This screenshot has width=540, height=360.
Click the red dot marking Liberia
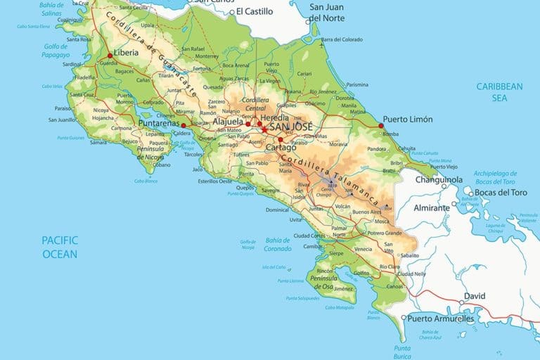pos(110,56)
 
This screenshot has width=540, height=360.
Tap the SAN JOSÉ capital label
pos(295,127)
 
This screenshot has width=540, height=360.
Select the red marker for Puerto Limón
pos(381,126)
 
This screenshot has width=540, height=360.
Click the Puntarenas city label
pos(159,124)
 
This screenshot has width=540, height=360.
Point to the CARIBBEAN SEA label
pos(499,92)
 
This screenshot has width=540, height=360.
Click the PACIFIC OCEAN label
pos(60,247)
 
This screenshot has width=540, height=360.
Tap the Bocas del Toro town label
pos(501,193)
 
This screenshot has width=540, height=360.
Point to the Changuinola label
pos(420,179)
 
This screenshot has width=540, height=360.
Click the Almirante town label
pos(431,208)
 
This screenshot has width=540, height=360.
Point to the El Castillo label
pos(254,11)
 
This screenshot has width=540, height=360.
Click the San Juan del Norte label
pos(328,12)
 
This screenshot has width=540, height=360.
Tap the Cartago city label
pos(281,148)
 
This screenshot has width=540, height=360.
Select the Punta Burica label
pos(402,352)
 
